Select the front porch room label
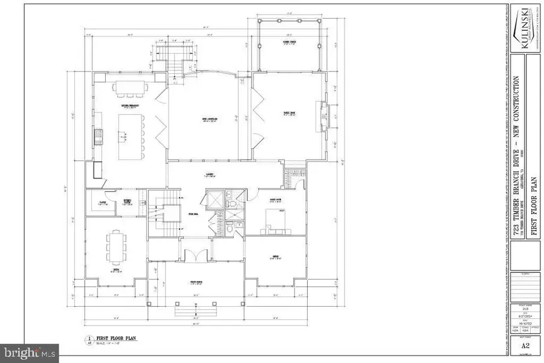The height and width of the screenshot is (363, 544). click(x=195, y=283)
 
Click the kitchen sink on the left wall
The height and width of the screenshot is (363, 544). click(x=95, y=142)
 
